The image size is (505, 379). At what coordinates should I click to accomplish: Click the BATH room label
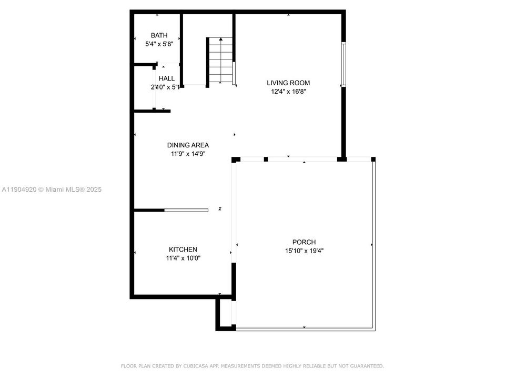tap(159, 35)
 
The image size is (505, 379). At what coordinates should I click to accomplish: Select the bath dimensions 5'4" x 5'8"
tap(159, 44)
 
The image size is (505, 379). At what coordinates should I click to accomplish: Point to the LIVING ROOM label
tap(288, 83)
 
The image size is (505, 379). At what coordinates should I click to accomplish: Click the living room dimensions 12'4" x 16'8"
tap(288, 92)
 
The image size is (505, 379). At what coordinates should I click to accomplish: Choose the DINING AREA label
tap(188, 145)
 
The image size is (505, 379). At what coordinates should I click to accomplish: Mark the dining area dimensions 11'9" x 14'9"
tap(188, 154)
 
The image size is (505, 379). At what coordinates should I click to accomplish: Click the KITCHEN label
tap(183, 250)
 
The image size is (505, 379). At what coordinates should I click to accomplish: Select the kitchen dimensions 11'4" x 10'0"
tap(183, 258)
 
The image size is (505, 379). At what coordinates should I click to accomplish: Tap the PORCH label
tap(304, 242)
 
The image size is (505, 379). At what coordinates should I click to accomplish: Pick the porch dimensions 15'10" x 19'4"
tap(304, 251)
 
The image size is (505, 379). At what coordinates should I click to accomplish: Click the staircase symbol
tap(220, 61)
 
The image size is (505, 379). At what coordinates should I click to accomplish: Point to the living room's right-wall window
tap(343, 64)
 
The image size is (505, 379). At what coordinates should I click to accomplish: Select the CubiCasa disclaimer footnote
tap(252, 366)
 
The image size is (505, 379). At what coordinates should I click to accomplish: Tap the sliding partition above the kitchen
tap(186, 210)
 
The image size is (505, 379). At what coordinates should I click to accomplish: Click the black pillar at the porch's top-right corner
tap(373, 159)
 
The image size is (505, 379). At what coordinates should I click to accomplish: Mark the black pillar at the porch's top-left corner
tap(236, 159)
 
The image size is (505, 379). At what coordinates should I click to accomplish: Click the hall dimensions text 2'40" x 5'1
tap(165, 87)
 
